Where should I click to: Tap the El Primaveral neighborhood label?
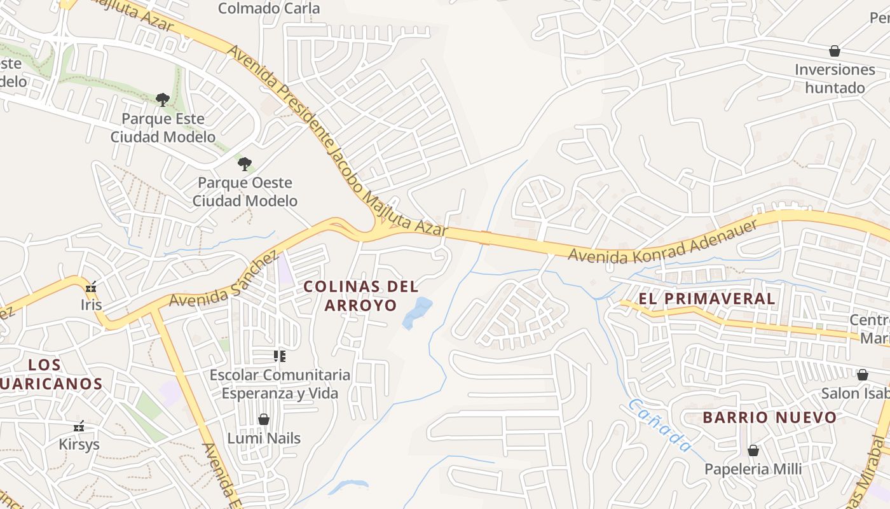click(706, 298)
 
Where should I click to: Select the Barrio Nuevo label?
click(769, 417)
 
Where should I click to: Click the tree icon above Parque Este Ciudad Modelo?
click(163, 99)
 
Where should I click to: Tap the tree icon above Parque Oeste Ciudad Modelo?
click(245, 164)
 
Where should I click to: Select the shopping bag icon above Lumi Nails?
click(264, 419)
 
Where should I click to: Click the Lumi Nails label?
click(264, 438)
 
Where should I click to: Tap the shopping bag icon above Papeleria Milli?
click(753, 450)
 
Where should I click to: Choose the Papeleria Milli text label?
click(753, 469)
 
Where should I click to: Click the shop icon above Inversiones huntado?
click(834, 51)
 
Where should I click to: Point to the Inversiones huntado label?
click(835, 78)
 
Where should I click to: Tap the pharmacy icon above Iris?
click(92, 287)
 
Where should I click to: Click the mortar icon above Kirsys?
click(79, 426)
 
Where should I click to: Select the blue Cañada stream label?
click(659, 425)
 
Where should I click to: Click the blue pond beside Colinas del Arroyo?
click(416, 312)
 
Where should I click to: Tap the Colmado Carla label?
click(269, 8)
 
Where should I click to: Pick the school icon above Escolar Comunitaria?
click(280, 356)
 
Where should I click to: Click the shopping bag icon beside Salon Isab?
click(863, 375)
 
